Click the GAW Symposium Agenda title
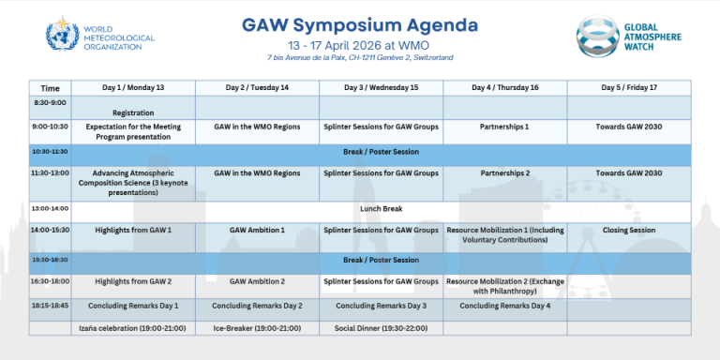[x=359, y=23]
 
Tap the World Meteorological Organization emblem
[x=63, y=35]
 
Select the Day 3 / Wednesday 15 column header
[x=381, y=87]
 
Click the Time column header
[x=50, y=87]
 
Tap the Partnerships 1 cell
[x=504, y=125]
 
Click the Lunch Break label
[x=381, y=208]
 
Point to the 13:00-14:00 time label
[x=50, y=208]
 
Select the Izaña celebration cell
[x=133, y=328]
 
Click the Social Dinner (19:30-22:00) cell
[x=381, y=328]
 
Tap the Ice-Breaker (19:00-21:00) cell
[x=257, y=328]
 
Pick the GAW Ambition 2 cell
[x=257, y=280]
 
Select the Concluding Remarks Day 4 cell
[x=504, y=306]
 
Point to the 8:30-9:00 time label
[x=50, y=101]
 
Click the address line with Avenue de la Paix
[x=360, y=57]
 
